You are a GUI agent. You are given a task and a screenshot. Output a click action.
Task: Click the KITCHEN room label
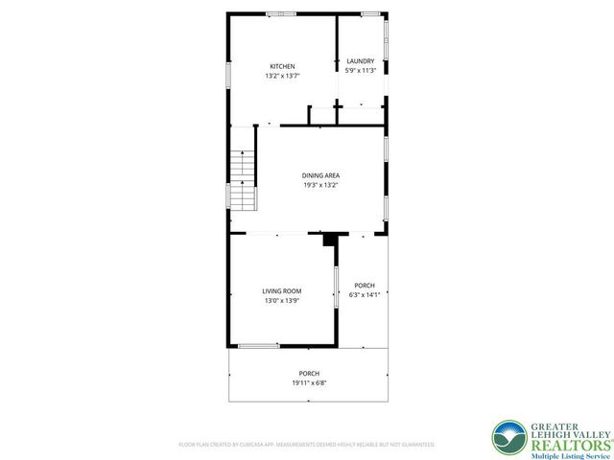[x=281, y=66]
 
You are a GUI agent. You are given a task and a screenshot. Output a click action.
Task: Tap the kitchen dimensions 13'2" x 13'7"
[x=281, y=75]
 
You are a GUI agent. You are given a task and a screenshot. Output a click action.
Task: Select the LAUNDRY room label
[x=360, y=62]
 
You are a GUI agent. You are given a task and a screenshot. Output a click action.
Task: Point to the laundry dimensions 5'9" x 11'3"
[x=360, y=71]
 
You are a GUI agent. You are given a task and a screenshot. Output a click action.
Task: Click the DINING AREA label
[x=320, y=175]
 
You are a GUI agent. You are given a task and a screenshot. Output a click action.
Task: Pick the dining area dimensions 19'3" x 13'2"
[x=320, y=185]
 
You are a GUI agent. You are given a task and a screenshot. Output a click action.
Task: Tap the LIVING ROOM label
[x=282, y=291]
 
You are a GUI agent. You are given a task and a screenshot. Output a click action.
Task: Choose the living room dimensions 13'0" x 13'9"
[x=282, y=301]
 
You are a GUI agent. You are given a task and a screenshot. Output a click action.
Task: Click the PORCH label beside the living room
[x=365, y=286]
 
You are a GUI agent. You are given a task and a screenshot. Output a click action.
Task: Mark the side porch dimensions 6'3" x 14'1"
[x=365, y=295]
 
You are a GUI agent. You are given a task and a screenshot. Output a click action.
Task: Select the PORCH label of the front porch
[x=309, y=374]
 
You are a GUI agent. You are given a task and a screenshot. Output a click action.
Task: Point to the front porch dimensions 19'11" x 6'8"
[x=309, y=383]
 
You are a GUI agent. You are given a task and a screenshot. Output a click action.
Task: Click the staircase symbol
[x=244, y=173]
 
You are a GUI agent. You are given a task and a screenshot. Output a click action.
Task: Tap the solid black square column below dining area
[x=331, y=240]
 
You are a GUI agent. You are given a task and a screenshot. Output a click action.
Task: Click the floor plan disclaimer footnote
[x=307, y=445]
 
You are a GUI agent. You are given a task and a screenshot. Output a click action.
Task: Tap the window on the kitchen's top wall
[x=281, y=13]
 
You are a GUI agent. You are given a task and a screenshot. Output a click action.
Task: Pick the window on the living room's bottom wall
[x=259, y=345]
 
